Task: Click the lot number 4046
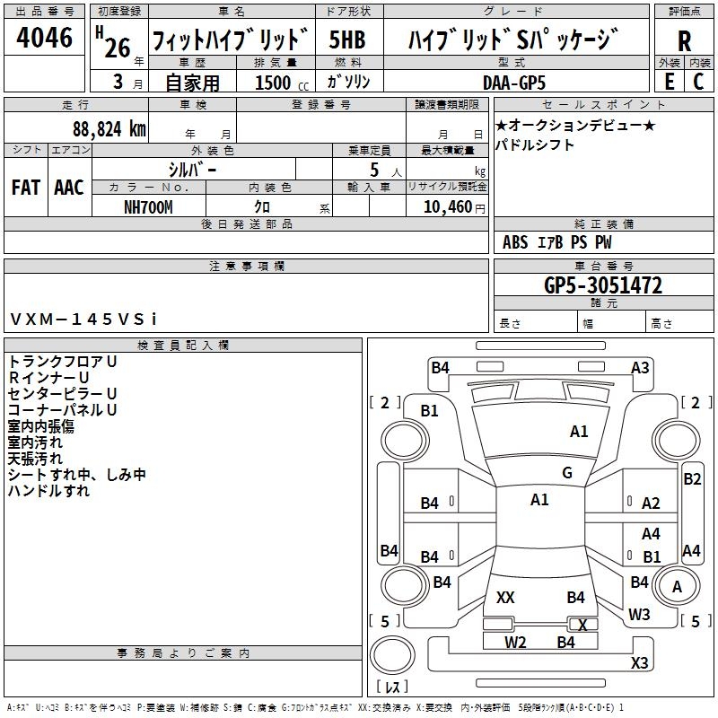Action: coord(45,39)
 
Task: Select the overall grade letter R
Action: coord(684,40)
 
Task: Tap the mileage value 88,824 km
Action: coord(109,129)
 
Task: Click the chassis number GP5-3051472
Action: coord(603,285)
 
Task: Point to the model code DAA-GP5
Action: coord(513,82)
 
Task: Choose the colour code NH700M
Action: coord(148,206)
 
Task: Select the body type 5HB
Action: coord(348,40)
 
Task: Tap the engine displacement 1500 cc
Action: coord(273,83)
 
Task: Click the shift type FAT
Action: coord(25,187)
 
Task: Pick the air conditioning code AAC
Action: coord(68,187)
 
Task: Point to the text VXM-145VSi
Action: coord(83,319)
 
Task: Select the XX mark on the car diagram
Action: coord(505,597)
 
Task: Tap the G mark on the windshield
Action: coord(567,473)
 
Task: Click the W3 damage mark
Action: coord(639,615)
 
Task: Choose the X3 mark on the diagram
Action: coord(639,662)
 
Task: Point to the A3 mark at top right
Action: coord(640,367)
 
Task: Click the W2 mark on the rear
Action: coord(515,642)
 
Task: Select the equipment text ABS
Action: coord(515,242)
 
